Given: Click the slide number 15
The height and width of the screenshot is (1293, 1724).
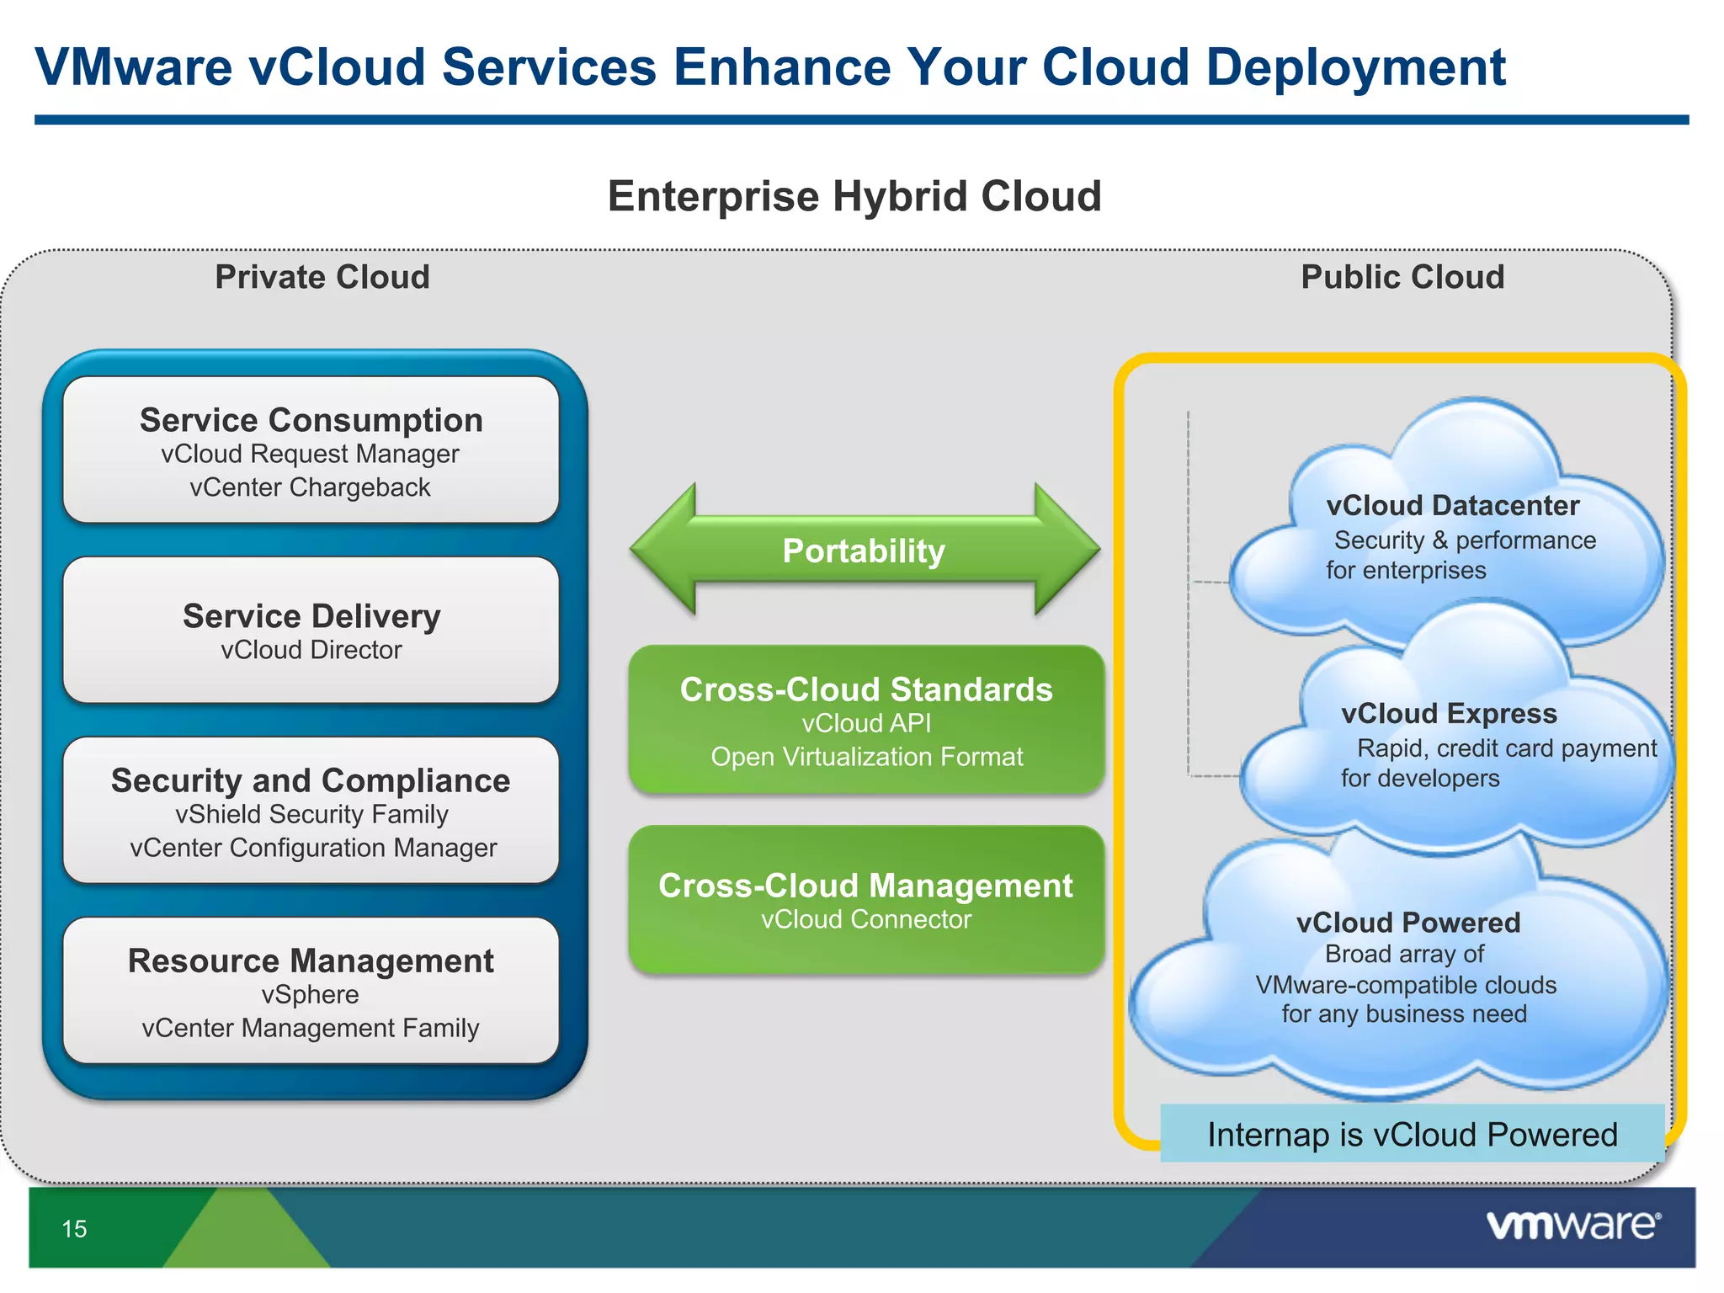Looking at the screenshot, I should (74, 1228).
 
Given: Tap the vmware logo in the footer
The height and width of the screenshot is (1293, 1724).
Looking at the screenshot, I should (1572, 1225).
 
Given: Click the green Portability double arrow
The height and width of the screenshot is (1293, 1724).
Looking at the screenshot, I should (865, 551).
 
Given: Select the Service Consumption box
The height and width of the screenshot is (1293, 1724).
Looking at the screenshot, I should (311, 450).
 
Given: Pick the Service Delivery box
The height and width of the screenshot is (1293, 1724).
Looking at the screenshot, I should (311, 630).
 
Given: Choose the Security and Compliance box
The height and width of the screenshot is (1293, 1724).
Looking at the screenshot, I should (311, 810).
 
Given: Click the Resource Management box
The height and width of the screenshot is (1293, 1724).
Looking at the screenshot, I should (311, 991).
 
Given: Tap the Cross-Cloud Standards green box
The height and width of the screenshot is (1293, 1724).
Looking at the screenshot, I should (866, 720).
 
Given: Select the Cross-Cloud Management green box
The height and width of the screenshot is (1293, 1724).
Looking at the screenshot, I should (866, 899).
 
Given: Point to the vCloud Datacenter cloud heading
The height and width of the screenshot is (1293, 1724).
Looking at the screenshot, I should (1453, 505).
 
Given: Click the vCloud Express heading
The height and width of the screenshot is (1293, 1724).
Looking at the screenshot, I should (1449, 713).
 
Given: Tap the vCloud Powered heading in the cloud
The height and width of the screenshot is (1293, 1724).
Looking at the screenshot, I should (1408, 923).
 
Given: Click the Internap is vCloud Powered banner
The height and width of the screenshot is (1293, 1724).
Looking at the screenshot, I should (1413, 1134).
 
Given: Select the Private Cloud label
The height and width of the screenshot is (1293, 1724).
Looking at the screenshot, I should (322, 277).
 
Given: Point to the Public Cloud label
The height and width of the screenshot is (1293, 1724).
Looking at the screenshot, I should (1402, 277).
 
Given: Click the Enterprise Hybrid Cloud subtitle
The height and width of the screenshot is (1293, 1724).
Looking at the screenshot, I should (854, 196).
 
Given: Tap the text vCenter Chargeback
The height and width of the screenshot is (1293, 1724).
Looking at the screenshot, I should (310, 487).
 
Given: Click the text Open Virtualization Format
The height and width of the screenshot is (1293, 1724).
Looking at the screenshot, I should (866, 757).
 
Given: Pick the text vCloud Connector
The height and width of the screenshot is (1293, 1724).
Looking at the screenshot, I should (866, 919).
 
